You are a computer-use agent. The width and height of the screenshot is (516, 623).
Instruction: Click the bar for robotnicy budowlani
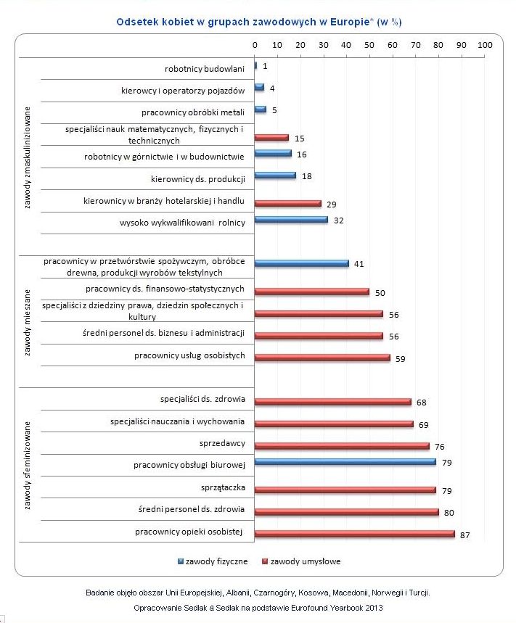coord(255,65)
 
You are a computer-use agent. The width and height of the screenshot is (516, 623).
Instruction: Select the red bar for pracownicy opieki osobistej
coord(355,534)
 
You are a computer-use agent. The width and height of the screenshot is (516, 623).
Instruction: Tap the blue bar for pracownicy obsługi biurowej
coord(345,462)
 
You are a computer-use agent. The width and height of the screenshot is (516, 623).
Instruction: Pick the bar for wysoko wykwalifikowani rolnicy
coord(291,219)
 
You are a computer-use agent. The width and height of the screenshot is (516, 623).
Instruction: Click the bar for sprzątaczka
coord(345,490)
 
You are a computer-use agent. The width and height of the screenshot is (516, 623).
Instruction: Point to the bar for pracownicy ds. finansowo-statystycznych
coord(311,292)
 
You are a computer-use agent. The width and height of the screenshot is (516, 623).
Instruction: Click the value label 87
coord(464,535)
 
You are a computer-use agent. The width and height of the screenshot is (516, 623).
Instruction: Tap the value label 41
coord(359,264)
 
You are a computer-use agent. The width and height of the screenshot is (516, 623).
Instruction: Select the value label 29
coord(331,205)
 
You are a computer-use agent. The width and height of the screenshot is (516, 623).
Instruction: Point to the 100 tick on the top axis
coord(485,45)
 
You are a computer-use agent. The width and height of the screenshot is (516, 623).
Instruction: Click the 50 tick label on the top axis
coord(369,45)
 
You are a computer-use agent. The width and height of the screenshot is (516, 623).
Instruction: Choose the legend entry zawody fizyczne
coord(213,561)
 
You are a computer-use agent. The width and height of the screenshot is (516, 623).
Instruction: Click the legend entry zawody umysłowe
coord(301,561)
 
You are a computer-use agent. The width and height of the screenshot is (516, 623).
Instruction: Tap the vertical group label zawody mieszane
coord(27,323)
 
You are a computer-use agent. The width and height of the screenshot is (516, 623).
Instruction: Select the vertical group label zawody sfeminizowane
coord(27,466)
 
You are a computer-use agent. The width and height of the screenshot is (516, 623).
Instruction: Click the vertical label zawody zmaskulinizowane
coord(27,157)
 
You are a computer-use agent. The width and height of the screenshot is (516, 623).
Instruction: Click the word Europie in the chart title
coord(350,22)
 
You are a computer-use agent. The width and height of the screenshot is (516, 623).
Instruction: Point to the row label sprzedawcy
coord(222,443)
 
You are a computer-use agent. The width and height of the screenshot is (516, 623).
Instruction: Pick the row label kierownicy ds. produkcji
coord(198,179)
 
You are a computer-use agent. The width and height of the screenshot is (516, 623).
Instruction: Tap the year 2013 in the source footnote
coord(374,608)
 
